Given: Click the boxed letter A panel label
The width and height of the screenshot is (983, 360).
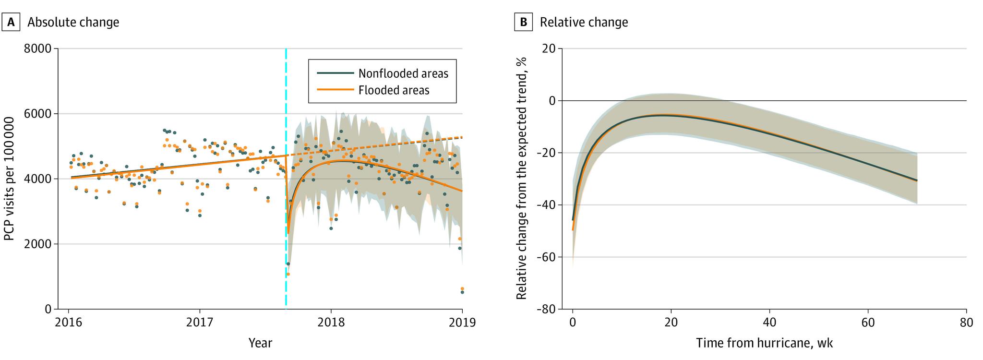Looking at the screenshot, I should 12,22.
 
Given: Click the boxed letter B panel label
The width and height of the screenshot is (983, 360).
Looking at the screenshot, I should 524,22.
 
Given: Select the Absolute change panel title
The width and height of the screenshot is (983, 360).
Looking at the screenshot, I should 73,22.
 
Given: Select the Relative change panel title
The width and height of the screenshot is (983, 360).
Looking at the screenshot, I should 584,22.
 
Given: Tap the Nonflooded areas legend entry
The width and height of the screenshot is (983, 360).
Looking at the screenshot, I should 403,73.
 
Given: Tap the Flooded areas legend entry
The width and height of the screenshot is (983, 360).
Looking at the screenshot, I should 394,90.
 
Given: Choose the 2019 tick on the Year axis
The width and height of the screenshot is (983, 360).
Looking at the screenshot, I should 462,322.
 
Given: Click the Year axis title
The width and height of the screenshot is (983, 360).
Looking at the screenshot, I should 260,343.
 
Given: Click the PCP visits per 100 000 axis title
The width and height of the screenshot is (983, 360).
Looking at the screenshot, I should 9,179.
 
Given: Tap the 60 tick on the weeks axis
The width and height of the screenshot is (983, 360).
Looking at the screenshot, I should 868,322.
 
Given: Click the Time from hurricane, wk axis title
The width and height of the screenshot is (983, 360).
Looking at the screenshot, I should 764,343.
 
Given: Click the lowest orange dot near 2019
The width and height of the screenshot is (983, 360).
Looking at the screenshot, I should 462,288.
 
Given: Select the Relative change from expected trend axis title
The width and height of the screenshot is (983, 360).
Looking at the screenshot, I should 522,179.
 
